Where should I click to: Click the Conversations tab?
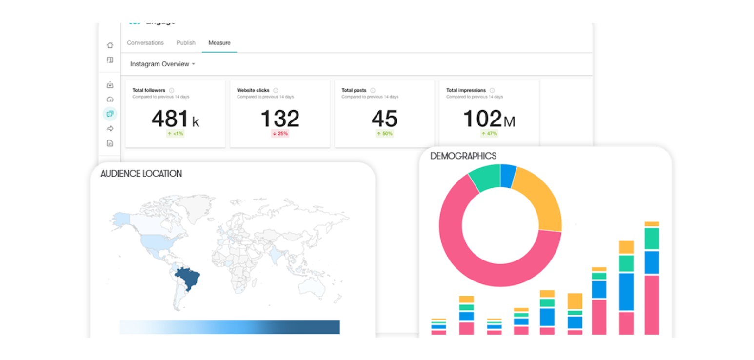tap(145, 43)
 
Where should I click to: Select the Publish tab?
tap(186, 43)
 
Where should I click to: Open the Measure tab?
tap(219, 43)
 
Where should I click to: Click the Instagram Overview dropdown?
tap(162, 64)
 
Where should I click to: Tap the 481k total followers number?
tap(175, 119)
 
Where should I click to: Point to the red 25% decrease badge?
tap(280, 134)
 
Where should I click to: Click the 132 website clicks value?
tap(280, 119)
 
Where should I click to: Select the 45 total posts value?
tap(384, 119)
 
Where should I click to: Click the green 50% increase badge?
tap(384, 134)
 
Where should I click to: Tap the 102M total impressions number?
tap(488, 119)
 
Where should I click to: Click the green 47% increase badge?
tap(489, 134)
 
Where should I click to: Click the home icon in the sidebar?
tap(110, 45)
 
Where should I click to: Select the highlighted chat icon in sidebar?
tap(110, 114)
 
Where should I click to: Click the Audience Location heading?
tap(141, 174)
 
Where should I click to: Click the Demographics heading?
tap(463, 156)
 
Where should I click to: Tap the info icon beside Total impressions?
tap(492, 90)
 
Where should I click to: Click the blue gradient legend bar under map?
tap(230, 327)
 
